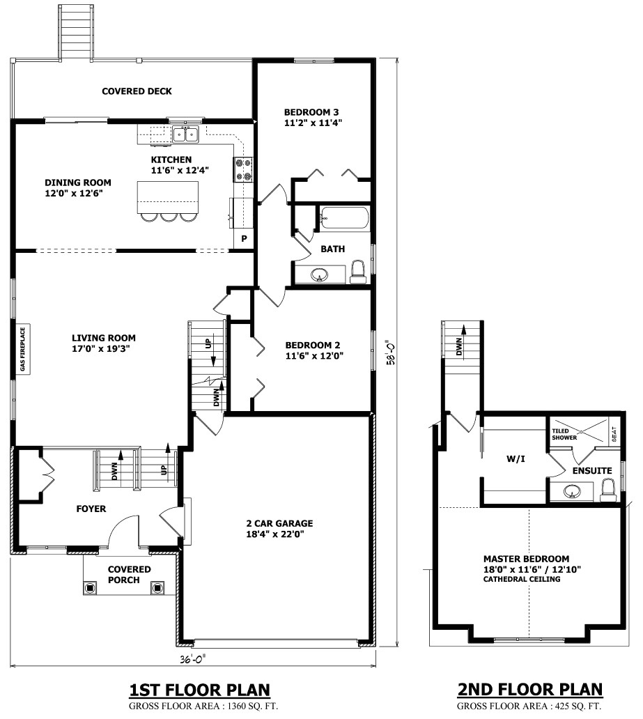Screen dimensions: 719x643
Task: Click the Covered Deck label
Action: pyautogui.click(x=137, y=91)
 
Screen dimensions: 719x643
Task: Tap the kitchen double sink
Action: pyautogui.click(x=185, y=134)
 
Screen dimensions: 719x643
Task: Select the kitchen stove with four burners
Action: pyautogui.click(x=244, y=170)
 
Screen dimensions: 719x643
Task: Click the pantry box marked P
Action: pyautogui.click(x=244, y=239)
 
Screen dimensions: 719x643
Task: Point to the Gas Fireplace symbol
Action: pyautogui.click(x=22, y=350)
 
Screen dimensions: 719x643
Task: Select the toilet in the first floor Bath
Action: pyautogui.click(x=358, y=272)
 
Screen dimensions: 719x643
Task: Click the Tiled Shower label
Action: pyautogui.click(x=564, y=434)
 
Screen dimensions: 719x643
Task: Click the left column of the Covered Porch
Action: pyautogui.click(x=90, y=587)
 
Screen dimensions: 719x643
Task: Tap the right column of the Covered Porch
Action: pyautogui.click(x=157, y=587)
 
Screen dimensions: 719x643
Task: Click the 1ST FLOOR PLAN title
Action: pyautogui.click(x=199, y=690)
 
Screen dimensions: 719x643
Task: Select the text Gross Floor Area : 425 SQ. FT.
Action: pyautogui.click(x=529, y=707)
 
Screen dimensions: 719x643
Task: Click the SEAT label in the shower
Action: pyautogui.click(x=614, y=435)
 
